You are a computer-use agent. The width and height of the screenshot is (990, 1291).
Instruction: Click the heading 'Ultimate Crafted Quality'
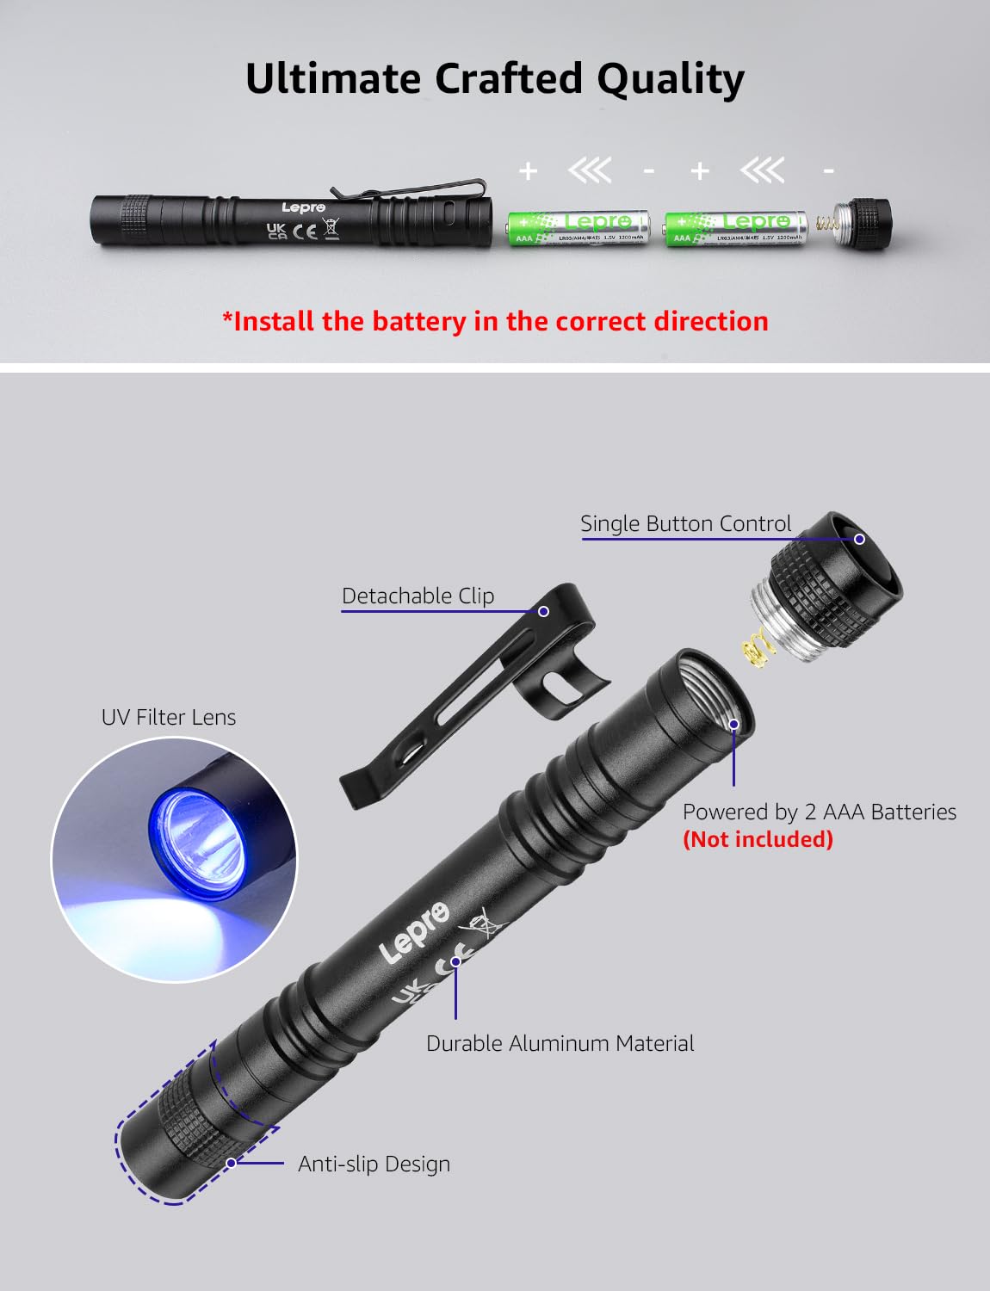coord(495,79)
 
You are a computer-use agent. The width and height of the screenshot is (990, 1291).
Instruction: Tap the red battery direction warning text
coord(495,321)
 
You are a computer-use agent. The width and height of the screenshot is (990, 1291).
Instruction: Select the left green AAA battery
coord(578,228)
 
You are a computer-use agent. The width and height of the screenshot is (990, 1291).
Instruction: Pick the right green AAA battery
coord(737,228)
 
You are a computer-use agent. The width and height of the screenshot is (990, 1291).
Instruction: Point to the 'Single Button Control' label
coord(685,523)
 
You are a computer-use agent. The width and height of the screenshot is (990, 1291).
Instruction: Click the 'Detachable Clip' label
coord(418,596)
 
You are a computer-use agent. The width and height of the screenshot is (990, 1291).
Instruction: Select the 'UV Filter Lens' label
coord(169,717)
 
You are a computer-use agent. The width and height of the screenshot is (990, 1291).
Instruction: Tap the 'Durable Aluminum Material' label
coord(560,1043)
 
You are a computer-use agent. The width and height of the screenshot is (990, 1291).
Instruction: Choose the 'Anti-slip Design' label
coord(374,1164)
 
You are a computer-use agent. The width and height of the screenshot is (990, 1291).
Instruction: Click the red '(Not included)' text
coord(758,839)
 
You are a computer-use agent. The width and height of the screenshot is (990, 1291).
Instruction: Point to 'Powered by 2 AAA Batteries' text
coord(819,812)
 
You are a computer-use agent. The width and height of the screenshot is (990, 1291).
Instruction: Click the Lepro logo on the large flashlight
coord(414,933)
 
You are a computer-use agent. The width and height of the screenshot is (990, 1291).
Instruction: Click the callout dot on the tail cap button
coord(859,539)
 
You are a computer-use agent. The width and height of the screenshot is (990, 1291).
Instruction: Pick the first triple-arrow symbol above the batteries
coord(590,171)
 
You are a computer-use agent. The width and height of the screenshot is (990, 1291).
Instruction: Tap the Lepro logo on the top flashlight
coord(303,207)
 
